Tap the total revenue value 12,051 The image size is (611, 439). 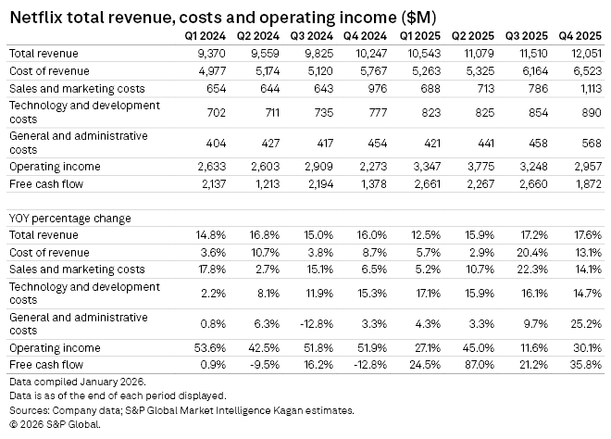(x=586, y=54)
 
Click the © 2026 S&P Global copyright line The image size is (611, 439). (x=54, y=424)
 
